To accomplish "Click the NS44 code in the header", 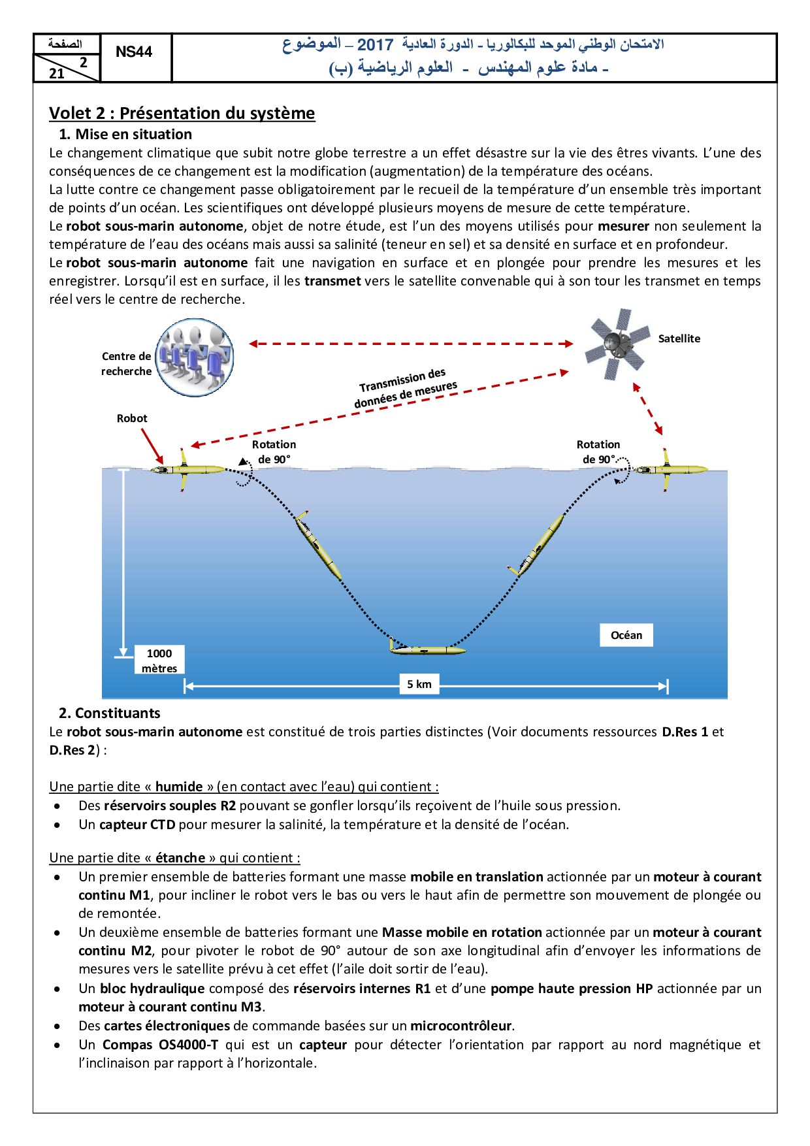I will click(x=134, y=52).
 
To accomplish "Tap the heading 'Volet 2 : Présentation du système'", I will click(x=182, y=113).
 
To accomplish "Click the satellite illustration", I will click(x=617, y=344).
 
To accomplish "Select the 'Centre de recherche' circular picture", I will click(x=195, y=357).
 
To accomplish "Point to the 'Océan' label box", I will click(x=626, y=635).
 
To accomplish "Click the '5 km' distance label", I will click(x=419, y=684).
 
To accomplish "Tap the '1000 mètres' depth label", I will click(x=159, y=660).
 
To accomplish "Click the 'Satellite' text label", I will click(x=679, y=338).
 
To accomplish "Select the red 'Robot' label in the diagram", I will click(x=132, y=418).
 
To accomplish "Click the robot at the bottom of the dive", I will click(x=428, y=650).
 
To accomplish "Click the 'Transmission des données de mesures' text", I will click(x=405, y=389).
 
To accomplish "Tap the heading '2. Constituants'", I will click(x=109, y=713).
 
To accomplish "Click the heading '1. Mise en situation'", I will click(x=125, y=134).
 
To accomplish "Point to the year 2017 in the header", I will click(x=375, y=44).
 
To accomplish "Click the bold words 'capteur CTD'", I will click(x=137, y=825).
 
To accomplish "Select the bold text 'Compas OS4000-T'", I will click(x=160, y=1045).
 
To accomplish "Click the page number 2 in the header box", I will click(x=83, y=63).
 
